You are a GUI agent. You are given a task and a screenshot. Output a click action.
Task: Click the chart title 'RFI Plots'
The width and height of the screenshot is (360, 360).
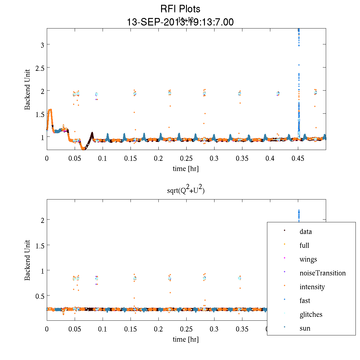180,9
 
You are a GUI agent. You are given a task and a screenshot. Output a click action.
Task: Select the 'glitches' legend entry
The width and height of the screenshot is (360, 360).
311,314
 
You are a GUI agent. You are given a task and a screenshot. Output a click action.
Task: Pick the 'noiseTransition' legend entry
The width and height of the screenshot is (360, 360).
322,273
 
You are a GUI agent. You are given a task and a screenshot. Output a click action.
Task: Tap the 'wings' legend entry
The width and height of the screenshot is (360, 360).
308,259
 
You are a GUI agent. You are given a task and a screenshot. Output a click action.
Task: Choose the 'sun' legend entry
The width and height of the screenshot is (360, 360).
305,328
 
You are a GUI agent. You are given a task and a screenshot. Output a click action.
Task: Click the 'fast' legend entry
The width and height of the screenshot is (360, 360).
305,301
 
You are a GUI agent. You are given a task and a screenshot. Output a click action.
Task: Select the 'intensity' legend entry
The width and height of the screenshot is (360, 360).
312,287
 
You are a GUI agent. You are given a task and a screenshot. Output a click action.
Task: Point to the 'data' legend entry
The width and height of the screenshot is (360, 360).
305,232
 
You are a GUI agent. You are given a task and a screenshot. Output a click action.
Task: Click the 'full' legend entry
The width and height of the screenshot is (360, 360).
304,245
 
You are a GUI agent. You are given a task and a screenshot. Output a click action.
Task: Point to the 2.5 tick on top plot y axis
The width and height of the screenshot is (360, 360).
40,67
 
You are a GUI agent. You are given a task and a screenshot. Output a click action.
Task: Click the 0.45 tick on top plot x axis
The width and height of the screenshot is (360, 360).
298,158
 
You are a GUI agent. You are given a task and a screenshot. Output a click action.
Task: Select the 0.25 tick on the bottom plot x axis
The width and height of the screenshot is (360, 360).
186,329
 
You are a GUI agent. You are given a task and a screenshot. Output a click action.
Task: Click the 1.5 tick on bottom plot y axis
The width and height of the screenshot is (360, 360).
40,245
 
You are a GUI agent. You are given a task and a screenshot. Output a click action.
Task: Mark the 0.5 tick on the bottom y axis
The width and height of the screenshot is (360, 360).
40,296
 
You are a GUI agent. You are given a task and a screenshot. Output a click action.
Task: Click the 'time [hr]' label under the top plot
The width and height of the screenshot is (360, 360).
186,169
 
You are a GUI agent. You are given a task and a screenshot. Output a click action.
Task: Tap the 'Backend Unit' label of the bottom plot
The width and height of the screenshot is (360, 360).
28,260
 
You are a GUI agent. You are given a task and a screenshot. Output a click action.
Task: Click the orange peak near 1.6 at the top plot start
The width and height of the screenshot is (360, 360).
50,110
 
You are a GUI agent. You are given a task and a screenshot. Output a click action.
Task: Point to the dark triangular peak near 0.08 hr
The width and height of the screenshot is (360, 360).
92,133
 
